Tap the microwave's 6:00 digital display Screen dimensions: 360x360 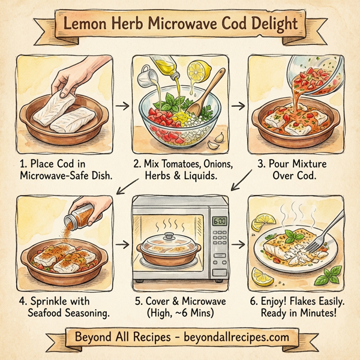pyautogui.click(x=221, y=221)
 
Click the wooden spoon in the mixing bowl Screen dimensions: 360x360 pyautogui.click(x=206, y=104)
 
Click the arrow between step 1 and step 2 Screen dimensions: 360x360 pyautogui.click(x=122, y=106)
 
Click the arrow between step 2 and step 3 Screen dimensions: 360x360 pyautogui.click(x=239, y=106)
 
